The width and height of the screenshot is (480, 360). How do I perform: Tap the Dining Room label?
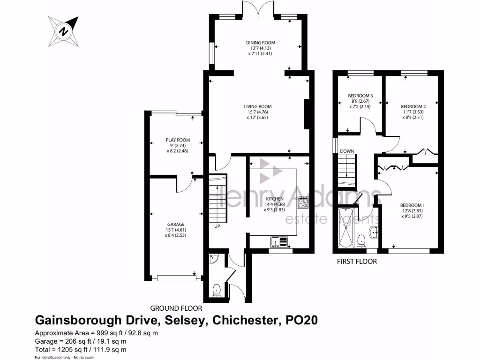point(260,43)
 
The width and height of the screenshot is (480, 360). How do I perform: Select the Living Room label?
point(260,106)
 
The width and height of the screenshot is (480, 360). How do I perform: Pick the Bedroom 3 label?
point(360,96)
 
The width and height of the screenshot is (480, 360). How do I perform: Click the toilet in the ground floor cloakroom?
point(217,290)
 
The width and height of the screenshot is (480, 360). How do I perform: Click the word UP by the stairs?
point(217,226)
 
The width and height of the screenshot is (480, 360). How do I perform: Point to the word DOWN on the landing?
point(347,151)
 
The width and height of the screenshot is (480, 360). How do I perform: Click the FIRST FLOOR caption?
point(357,262)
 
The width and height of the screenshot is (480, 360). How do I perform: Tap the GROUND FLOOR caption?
point(176,308)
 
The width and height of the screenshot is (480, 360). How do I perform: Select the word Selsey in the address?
point(183,321)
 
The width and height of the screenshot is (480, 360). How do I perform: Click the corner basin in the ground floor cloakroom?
point(213,258)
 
